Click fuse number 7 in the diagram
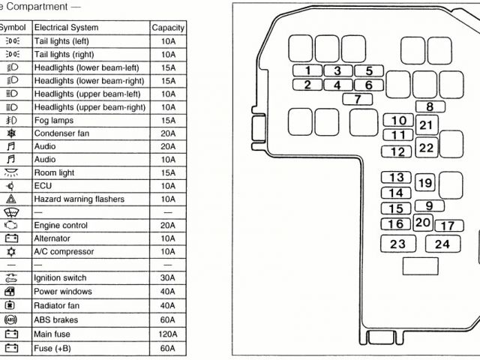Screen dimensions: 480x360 [x=358, y=99]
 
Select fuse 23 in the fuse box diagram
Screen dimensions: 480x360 [x=397, y=244]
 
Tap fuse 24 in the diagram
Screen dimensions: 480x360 [x=442, y=244]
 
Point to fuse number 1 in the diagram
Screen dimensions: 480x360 [x=307, y=70]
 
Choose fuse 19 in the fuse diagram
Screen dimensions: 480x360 [x=424, y=183]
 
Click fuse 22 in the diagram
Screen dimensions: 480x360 [x=426, y=148]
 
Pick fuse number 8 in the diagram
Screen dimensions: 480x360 [x=430, y=107]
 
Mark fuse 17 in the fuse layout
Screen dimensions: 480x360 [x=447, y=226]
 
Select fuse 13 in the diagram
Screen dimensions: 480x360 [x=397, y=178]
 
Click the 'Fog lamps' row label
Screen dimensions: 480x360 [x=52, y=121]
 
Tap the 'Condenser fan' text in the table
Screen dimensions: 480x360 [x=59, y=133]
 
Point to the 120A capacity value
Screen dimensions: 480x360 [x=168, y=334]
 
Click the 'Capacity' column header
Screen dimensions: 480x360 [x=168, y=28]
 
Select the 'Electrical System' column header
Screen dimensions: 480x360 [x=66, y=28]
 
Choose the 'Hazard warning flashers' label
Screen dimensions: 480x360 [x=79, y=199]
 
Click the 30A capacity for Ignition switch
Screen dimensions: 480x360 [x=168, y=278]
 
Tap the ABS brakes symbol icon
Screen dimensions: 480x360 [x=11, y=319]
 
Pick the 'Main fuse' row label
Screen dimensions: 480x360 [x=52, y=334]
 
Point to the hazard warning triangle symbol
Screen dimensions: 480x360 [x=11, y=199]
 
